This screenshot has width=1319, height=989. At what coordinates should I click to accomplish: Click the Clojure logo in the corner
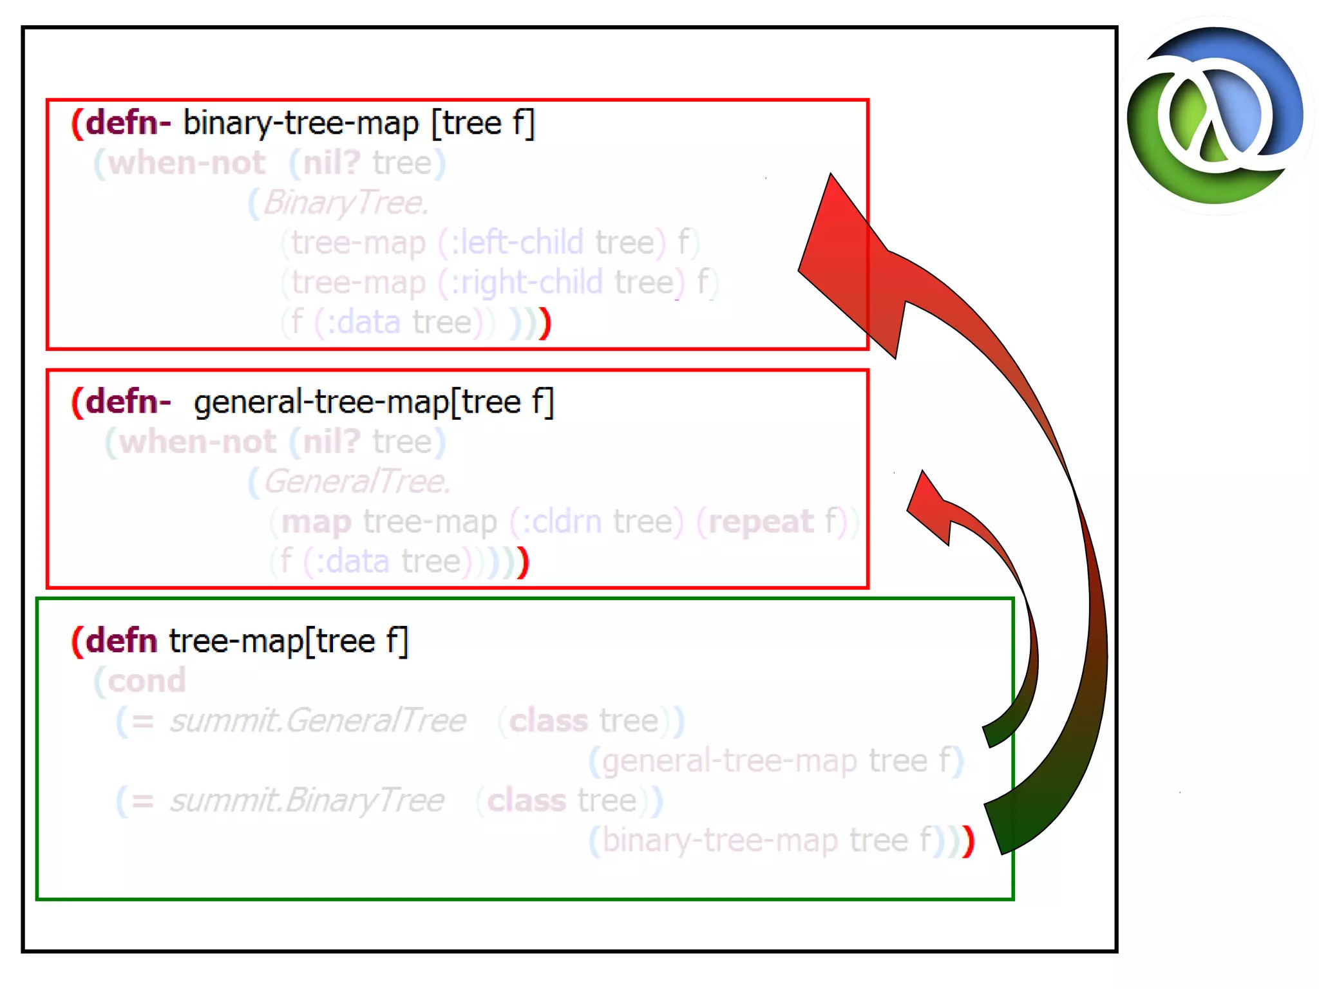point(1215,116)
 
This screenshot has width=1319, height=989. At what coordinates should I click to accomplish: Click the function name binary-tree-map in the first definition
point(301,122)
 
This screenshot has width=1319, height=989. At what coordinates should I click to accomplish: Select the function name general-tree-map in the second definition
point(321,402)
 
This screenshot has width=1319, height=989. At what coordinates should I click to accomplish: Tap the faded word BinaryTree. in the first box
point(345,202)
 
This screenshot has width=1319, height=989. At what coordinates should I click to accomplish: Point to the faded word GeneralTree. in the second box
point(356,481)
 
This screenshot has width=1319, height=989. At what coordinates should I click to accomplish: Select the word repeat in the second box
point(761,522)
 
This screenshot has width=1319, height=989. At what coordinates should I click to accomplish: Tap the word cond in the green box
point(146,681)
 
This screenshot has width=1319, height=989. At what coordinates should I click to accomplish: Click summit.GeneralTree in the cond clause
point(318,721)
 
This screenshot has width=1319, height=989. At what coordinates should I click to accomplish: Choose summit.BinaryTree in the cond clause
point(307,800)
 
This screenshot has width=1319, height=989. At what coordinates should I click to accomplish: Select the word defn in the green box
point(121,641)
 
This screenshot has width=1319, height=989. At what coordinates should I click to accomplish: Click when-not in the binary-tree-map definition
point(186,162)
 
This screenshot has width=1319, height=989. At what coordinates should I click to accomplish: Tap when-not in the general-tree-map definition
point(197,442)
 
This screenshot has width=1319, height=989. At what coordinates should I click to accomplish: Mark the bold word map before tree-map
point(316,522)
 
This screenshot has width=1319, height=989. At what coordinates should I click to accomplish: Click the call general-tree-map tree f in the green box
point(776,760)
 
